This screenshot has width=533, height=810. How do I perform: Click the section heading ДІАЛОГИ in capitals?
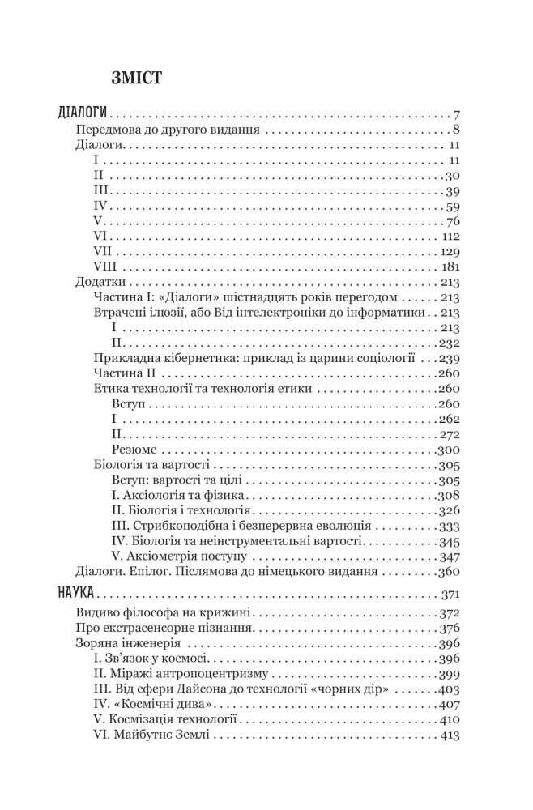84,113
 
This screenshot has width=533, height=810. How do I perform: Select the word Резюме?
134,450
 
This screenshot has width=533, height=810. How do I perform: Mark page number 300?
450,450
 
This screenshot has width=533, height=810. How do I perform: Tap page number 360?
450,572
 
